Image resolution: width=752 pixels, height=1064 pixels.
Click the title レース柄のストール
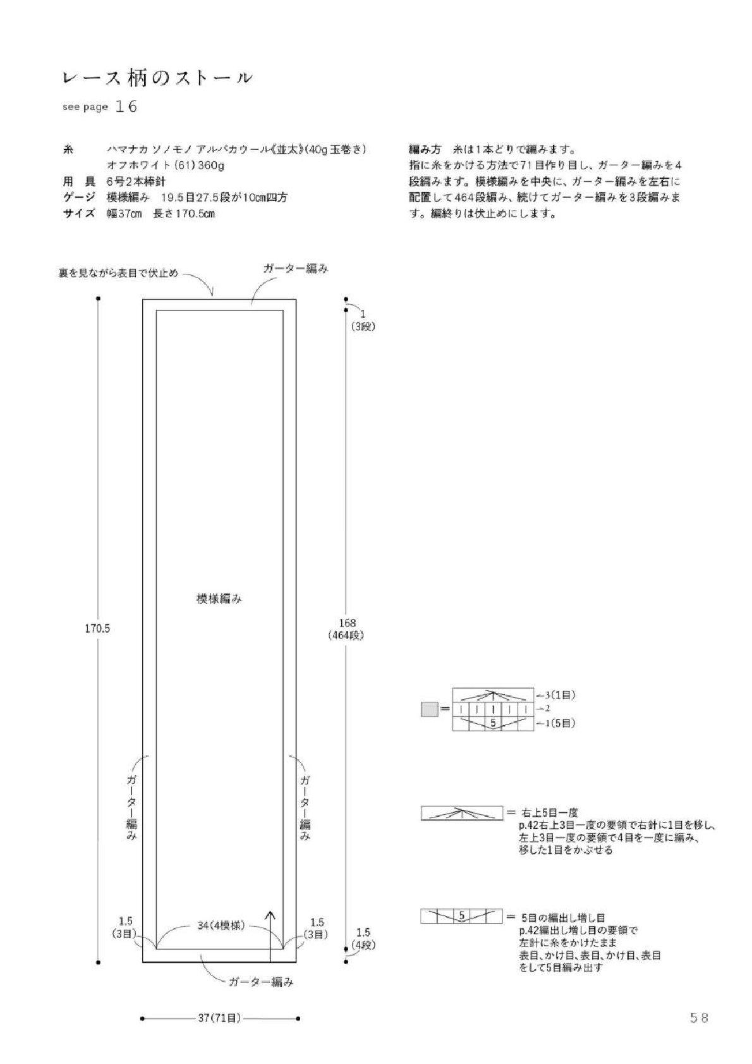[x=157, y=78]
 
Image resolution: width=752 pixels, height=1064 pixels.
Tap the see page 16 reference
[x=100, y=106]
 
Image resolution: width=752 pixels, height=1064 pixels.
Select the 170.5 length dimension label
[x=97, y=628]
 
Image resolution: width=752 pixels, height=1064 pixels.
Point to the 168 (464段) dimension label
[x=346, y=628]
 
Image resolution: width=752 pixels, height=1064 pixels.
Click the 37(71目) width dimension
[x=220, y=1018]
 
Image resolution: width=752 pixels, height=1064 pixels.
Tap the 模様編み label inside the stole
[x=219, y=599]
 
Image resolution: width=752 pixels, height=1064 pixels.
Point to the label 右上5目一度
[x=549, y=813]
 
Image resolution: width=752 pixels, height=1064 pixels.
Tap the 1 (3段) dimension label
[x=363, y=321]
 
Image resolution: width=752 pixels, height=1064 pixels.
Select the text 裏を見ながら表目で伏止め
[x=118, y=272]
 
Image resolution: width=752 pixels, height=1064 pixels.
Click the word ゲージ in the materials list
[x=79, y=197]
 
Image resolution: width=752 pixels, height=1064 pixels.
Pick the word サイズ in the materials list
[x=79, y=213]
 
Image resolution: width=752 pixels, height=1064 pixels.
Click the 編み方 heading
[x=425, y=150]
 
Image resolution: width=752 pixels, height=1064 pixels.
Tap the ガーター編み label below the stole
[x=261, y=981]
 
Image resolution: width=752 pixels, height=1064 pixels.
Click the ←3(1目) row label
[x=555, y=695]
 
